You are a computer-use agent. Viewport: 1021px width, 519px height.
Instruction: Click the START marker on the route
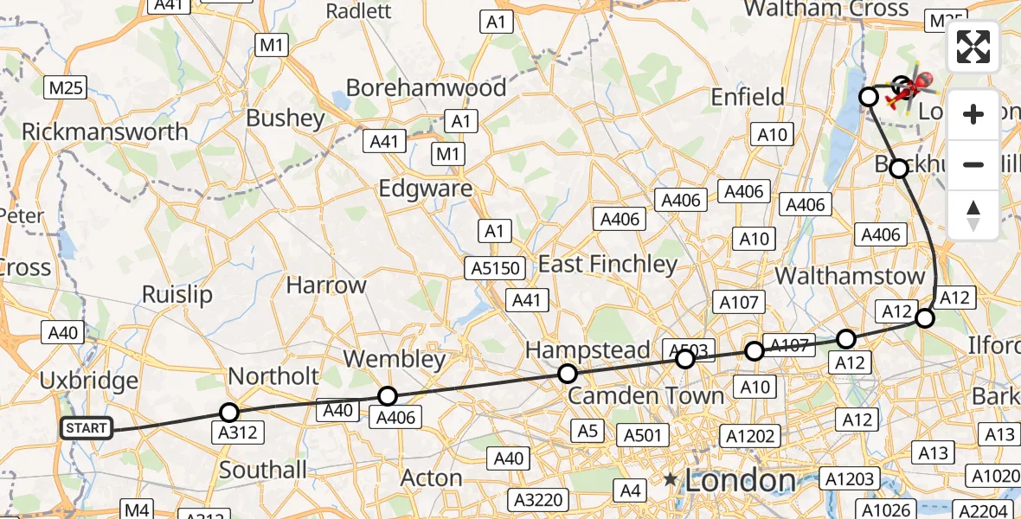pos(87,428)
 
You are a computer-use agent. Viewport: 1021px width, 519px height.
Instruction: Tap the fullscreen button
pos(973,47)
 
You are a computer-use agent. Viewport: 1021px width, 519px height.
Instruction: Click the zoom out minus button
pos(973,164)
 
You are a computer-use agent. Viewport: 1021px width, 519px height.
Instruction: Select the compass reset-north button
pos(973,215)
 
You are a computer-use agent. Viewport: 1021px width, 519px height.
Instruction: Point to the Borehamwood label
pos(426,88)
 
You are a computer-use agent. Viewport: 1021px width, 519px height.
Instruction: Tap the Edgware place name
pos(426,189)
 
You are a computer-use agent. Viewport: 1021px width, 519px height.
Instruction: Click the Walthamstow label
pos(850,276)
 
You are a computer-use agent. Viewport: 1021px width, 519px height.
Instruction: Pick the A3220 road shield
pos(540,499)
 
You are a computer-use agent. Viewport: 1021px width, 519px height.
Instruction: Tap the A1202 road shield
pos(749,437)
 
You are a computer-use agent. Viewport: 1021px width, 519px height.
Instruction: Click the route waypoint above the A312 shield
pos(229,413)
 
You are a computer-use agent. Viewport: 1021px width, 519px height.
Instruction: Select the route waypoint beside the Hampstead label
pos(568,374)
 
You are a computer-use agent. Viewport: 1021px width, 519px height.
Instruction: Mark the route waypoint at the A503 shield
pos(685,358)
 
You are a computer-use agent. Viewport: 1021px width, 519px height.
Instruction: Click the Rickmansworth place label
pos(105,131)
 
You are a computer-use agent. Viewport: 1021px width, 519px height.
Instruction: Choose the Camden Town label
pos(646,396)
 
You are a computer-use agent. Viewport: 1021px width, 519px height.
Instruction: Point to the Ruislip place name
pos(177,294)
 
